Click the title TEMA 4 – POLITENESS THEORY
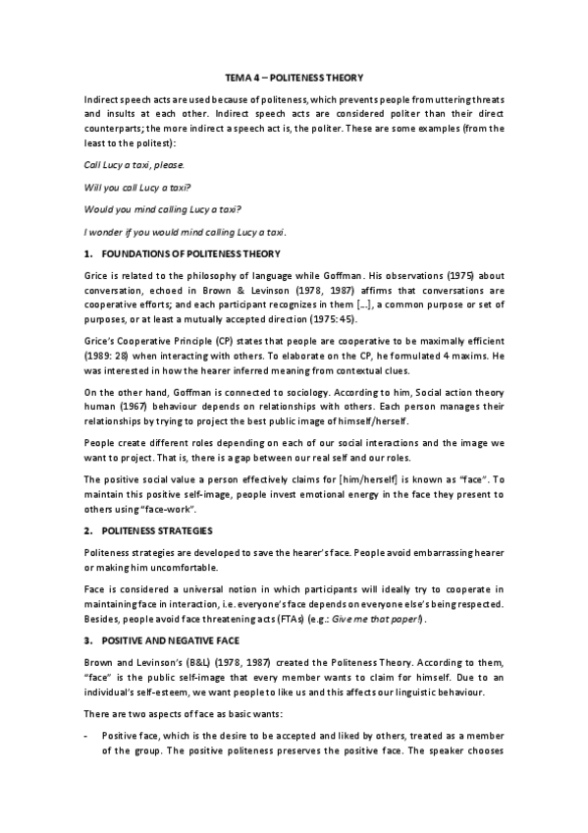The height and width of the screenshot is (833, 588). (294, 77)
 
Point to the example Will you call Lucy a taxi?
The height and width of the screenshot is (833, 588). (137, 187)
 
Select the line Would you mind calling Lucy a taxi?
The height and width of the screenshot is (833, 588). (163, 209)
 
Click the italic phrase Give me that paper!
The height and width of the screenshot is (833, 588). (391, 620)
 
